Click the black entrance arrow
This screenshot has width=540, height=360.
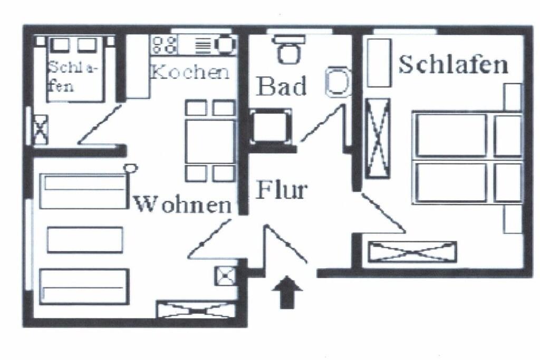pos(287,291)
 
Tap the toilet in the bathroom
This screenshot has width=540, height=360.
pos(288,51)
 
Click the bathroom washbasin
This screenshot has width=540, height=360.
pos(337,82)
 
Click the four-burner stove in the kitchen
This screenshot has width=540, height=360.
pos(164,45)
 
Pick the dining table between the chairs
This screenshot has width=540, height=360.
pos(210,141)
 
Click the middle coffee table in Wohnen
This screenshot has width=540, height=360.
pos(85,240)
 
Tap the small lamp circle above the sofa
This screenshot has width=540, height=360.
pos(131,168)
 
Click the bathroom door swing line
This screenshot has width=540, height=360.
pos(322,124)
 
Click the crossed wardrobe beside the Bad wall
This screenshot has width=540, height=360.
pos(377,138)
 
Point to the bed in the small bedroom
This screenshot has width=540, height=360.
pos(76,69)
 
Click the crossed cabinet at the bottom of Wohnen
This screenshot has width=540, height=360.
pos(196,309)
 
